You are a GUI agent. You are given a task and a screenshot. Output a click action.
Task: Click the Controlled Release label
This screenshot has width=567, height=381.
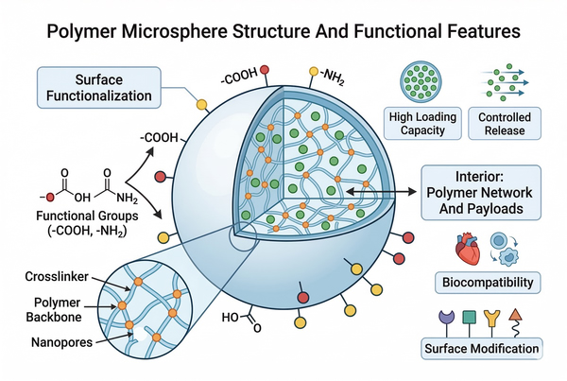pyautogui.click(x=506, y=123)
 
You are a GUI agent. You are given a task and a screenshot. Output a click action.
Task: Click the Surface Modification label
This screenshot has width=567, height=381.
pyautogui.click(x=481, y=349)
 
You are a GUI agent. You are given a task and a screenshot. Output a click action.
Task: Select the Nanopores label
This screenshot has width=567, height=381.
pyautogui.click(x=60, y=342)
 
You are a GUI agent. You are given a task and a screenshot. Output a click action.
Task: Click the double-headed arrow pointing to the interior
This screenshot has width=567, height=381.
pyautogui.click(x=379, y=191)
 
